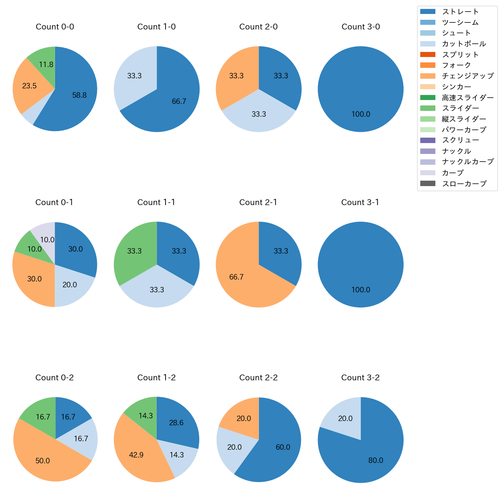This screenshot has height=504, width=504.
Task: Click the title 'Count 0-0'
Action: point(55,27)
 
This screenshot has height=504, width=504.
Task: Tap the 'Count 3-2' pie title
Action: point(360,378)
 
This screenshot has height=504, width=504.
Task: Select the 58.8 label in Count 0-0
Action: point(79,95)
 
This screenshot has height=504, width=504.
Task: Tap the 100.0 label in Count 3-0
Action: point(361,114)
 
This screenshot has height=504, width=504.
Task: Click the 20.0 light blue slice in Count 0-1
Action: point(72,287)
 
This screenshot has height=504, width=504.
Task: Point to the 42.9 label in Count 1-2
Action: point(136,455)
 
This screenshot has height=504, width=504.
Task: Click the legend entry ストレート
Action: point(460,12)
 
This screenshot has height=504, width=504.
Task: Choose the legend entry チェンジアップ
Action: point(468,76)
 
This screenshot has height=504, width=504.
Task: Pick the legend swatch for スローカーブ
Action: point(428,183)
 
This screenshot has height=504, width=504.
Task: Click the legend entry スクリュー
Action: point(460,140)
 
